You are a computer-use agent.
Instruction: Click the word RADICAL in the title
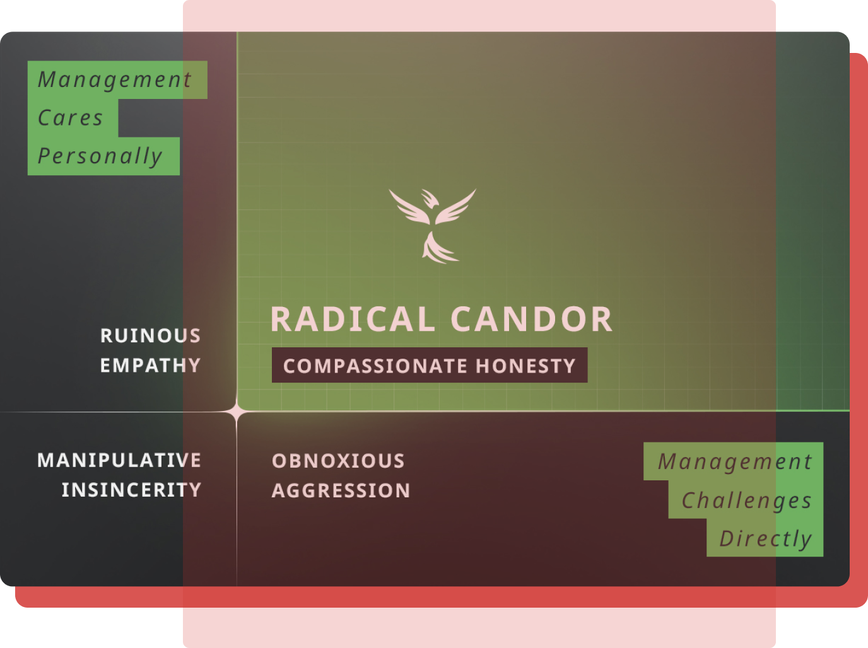pos(353,319)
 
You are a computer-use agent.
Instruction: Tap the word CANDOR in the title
pos(532,319)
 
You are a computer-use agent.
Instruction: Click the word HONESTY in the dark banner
pos(525,366)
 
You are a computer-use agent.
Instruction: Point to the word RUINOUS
pos(151,336)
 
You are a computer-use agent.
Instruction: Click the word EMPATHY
pos(151,366)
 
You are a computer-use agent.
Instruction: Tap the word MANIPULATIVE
pos(119,460)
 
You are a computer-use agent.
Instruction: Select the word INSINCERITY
pos(132,490)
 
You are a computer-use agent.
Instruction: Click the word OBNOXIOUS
pos(339,461)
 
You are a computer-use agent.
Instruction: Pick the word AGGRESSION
pos(341,491)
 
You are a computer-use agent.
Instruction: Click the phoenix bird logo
pos(433,226)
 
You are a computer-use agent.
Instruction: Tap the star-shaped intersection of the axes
pos(237,412)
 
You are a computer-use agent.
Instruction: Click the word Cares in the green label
pos(71,118)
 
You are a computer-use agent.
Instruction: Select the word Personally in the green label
pos(100,156)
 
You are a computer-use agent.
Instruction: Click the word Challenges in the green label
pos(747,501)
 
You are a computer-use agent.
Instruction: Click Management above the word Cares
pos(115,80)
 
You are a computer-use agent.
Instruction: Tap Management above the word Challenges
pos(735,462)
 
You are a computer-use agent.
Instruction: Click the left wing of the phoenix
pos(409,208)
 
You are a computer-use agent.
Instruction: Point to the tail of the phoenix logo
pos(439,248)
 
